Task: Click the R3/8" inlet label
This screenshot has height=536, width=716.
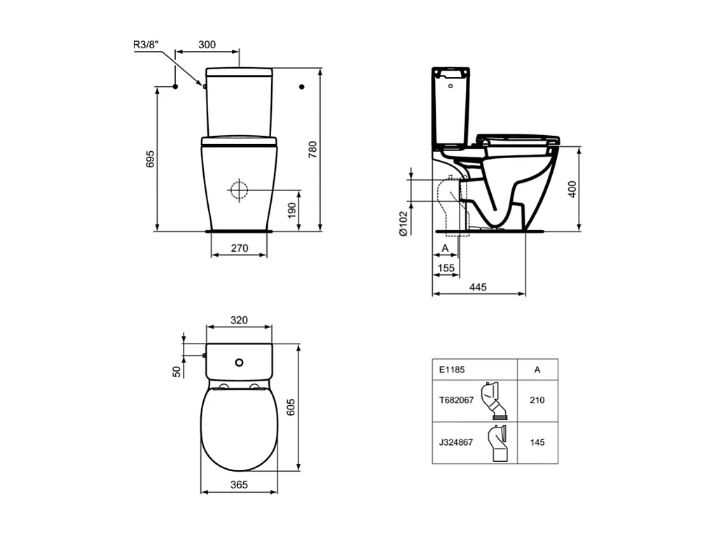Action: (x=146, y=45)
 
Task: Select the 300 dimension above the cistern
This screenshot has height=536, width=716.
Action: (x=207, y=44)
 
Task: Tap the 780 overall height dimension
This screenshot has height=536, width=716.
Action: (x=313, y=150)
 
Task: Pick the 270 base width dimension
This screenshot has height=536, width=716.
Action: (x=239, y=248)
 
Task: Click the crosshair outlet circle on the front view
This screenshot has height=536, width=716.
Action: (x=239, y=189)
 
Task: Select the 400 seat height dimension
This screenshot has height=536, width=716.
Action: (x=572, y=188)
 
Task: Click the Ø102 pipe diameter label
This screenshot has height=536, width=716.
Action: (x=404, y=224)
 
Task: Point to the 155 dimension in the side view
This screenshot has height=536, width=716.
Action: (x=446, y=267)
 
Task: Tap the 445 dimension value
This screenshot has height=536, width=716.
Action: (x=479, y=287)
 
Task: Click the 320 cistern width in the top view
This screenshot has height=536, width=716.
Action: (x=239, y=320)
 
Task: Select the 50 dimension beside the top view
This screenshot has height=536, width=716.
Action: (x=177, y=371)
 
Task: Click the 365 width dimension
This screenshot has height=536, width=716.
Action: (x=239, y=485)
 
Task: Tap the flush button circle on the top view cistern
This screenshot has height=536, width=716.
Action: (x=240, y=362)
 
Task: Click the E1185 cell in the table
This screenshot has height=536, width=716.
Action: (x=452, y=369)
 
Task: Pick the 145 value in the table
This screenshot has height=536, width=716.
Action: (x=537, y=442)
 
